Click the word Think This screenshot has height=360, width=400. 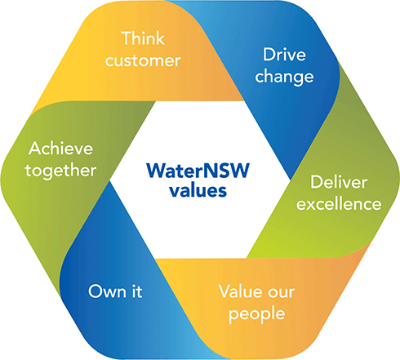(x=143, y=38)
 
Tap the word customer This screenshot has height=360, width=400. (x=143, y=60)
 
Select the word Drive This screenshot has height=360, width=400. (x=284, y=55)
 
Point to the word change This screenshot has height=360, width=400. (x=284, y=77)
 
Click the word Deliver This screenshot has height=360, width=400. (x=339, y=182)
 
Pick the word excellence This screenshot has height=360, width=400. (x=339, y=204)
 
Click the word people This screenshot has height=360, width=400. (x=257, y=314)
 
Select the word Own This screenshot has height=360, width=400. (x=107, y=291)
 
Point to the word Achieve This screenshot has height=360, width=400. (x=61, y=149)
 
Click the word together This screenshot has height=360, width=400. (x=60, y=171)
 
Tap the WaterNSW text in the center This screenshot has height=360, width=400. (x=198, y=171)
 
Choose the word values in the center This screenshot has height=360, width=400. (x=198, y=190)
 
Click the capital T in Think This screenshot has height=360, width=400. (x=127, y=38)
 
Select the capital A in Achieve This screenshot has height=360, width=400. (x=36, y=149)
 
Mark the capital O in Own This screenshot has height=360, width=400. (x=96, y=291)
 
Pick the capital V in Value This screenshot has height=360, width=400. (x=226, y=291)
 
